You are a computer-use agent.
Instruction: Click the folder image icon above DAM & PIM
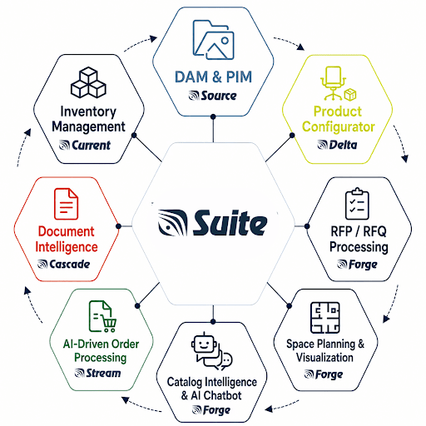point(213,40)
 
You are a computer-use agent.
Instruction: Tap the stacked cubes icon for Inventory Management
point(88,82)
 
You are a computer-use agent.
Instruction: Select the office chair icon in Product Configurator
point(333,83)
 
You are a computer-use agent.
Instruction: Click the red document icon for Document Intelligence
point(66,204)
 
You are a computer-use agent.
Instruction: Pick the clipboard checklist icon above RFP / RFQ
point(357,204)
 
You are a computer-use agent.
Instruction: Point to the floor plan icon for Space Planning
point(325,318)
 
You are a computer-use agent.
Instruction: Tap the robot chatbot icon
point(211,351)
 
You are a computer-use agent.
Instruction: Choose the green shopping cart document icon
point(102,316)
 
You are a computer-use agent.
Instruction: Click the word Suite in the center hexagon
point(230,223)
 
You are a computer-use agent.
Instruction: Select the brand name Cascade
point(70,265)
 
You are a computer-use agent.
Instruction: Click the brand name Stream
point(103,373)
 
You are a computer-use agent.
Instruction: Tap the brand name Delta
point(343,145)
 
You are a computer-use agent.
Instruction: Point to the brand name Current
point(91,145)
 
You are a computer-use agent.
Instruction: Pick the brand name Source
point(219,96)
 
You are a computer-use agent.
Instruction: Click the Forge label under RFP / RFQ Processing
point(363,265)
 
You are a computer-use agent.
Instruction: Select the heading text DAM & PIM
point(213,77)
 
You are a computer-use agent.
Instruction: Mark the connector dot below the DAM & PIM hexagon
point(213,116)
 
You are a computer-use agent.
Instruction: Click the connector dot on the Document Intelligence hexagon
point(119,226)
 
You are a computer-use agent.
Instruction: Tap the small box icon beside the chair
point(350,95)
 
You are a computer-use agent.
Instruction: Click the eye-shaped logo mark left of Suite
point(172,223)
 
